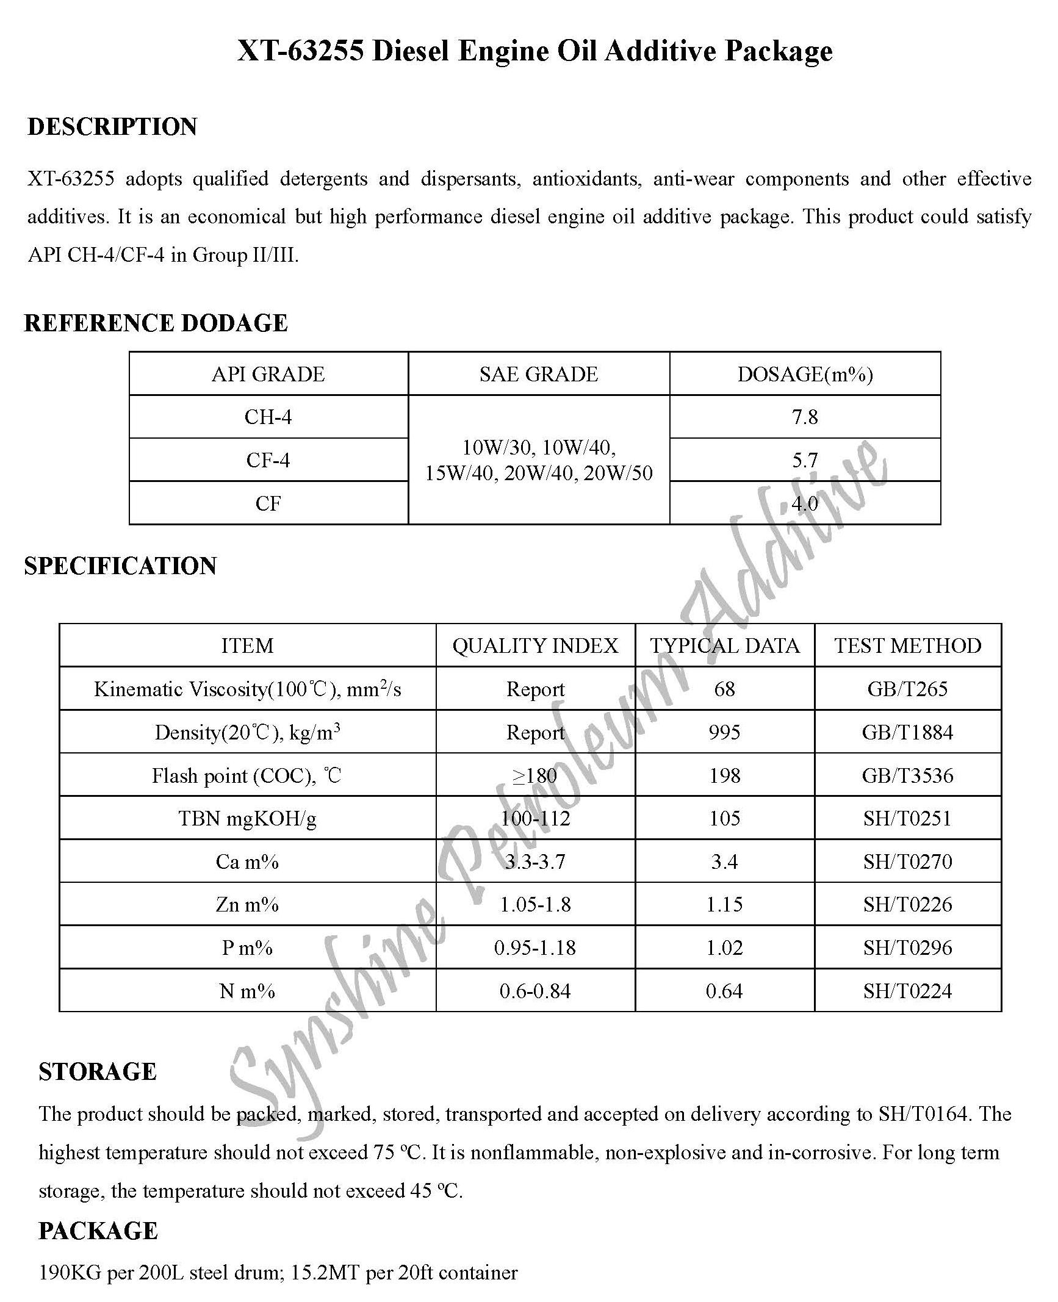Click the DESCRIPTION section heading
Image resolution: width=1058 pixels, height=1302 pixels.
coord(112,127)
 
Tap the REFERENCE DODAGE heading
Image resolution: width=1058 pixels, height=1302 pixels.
coord(156,323)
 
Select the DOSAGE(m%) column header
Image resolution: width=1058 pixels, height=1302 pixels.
coord(805,374)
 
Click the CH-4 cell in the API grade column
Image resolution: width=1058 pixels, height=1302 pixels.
coord(268,417)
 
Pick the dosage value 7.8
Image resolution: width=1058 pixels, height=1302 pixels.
coord(805,417)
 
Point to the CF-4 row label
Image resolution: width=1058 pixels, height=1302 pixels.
coord(268,460)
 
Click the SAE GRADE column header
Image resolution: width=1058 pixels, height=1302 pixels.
coord(538,374)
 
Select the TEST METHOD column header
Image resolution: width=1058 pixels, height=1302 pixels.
coord(907,646)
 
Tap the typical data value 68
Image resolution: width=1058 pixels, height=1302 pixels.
coord(724,689)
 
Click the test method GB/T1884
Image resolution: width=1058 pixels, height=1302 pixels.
coord(907,732)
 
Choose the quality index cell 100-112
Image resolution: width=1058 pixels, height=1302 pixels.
coord(535,818)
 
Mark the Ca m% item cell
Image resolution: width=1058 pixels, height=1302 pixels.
coord(247,861)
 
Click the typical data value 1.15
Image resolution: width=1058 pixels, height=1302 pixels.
coord(724,904)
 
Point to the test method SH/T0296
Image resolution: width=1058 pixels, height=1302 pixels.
coord(907,948)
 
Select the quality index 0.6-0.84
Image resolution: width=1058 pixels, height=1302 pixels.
coord(535,991)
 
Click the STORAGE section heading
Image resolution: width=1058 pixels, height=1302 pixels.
coord(98,1072)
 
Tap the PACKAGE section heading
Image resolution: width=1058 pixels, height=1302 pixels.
coord(98,1231)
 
